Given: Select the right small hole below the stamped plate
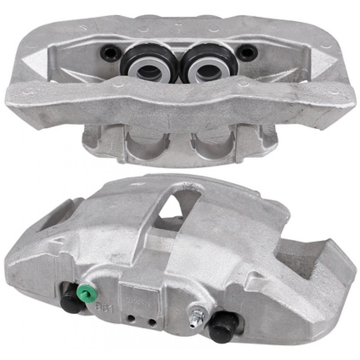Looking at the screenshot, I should [x=152, y=320].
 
